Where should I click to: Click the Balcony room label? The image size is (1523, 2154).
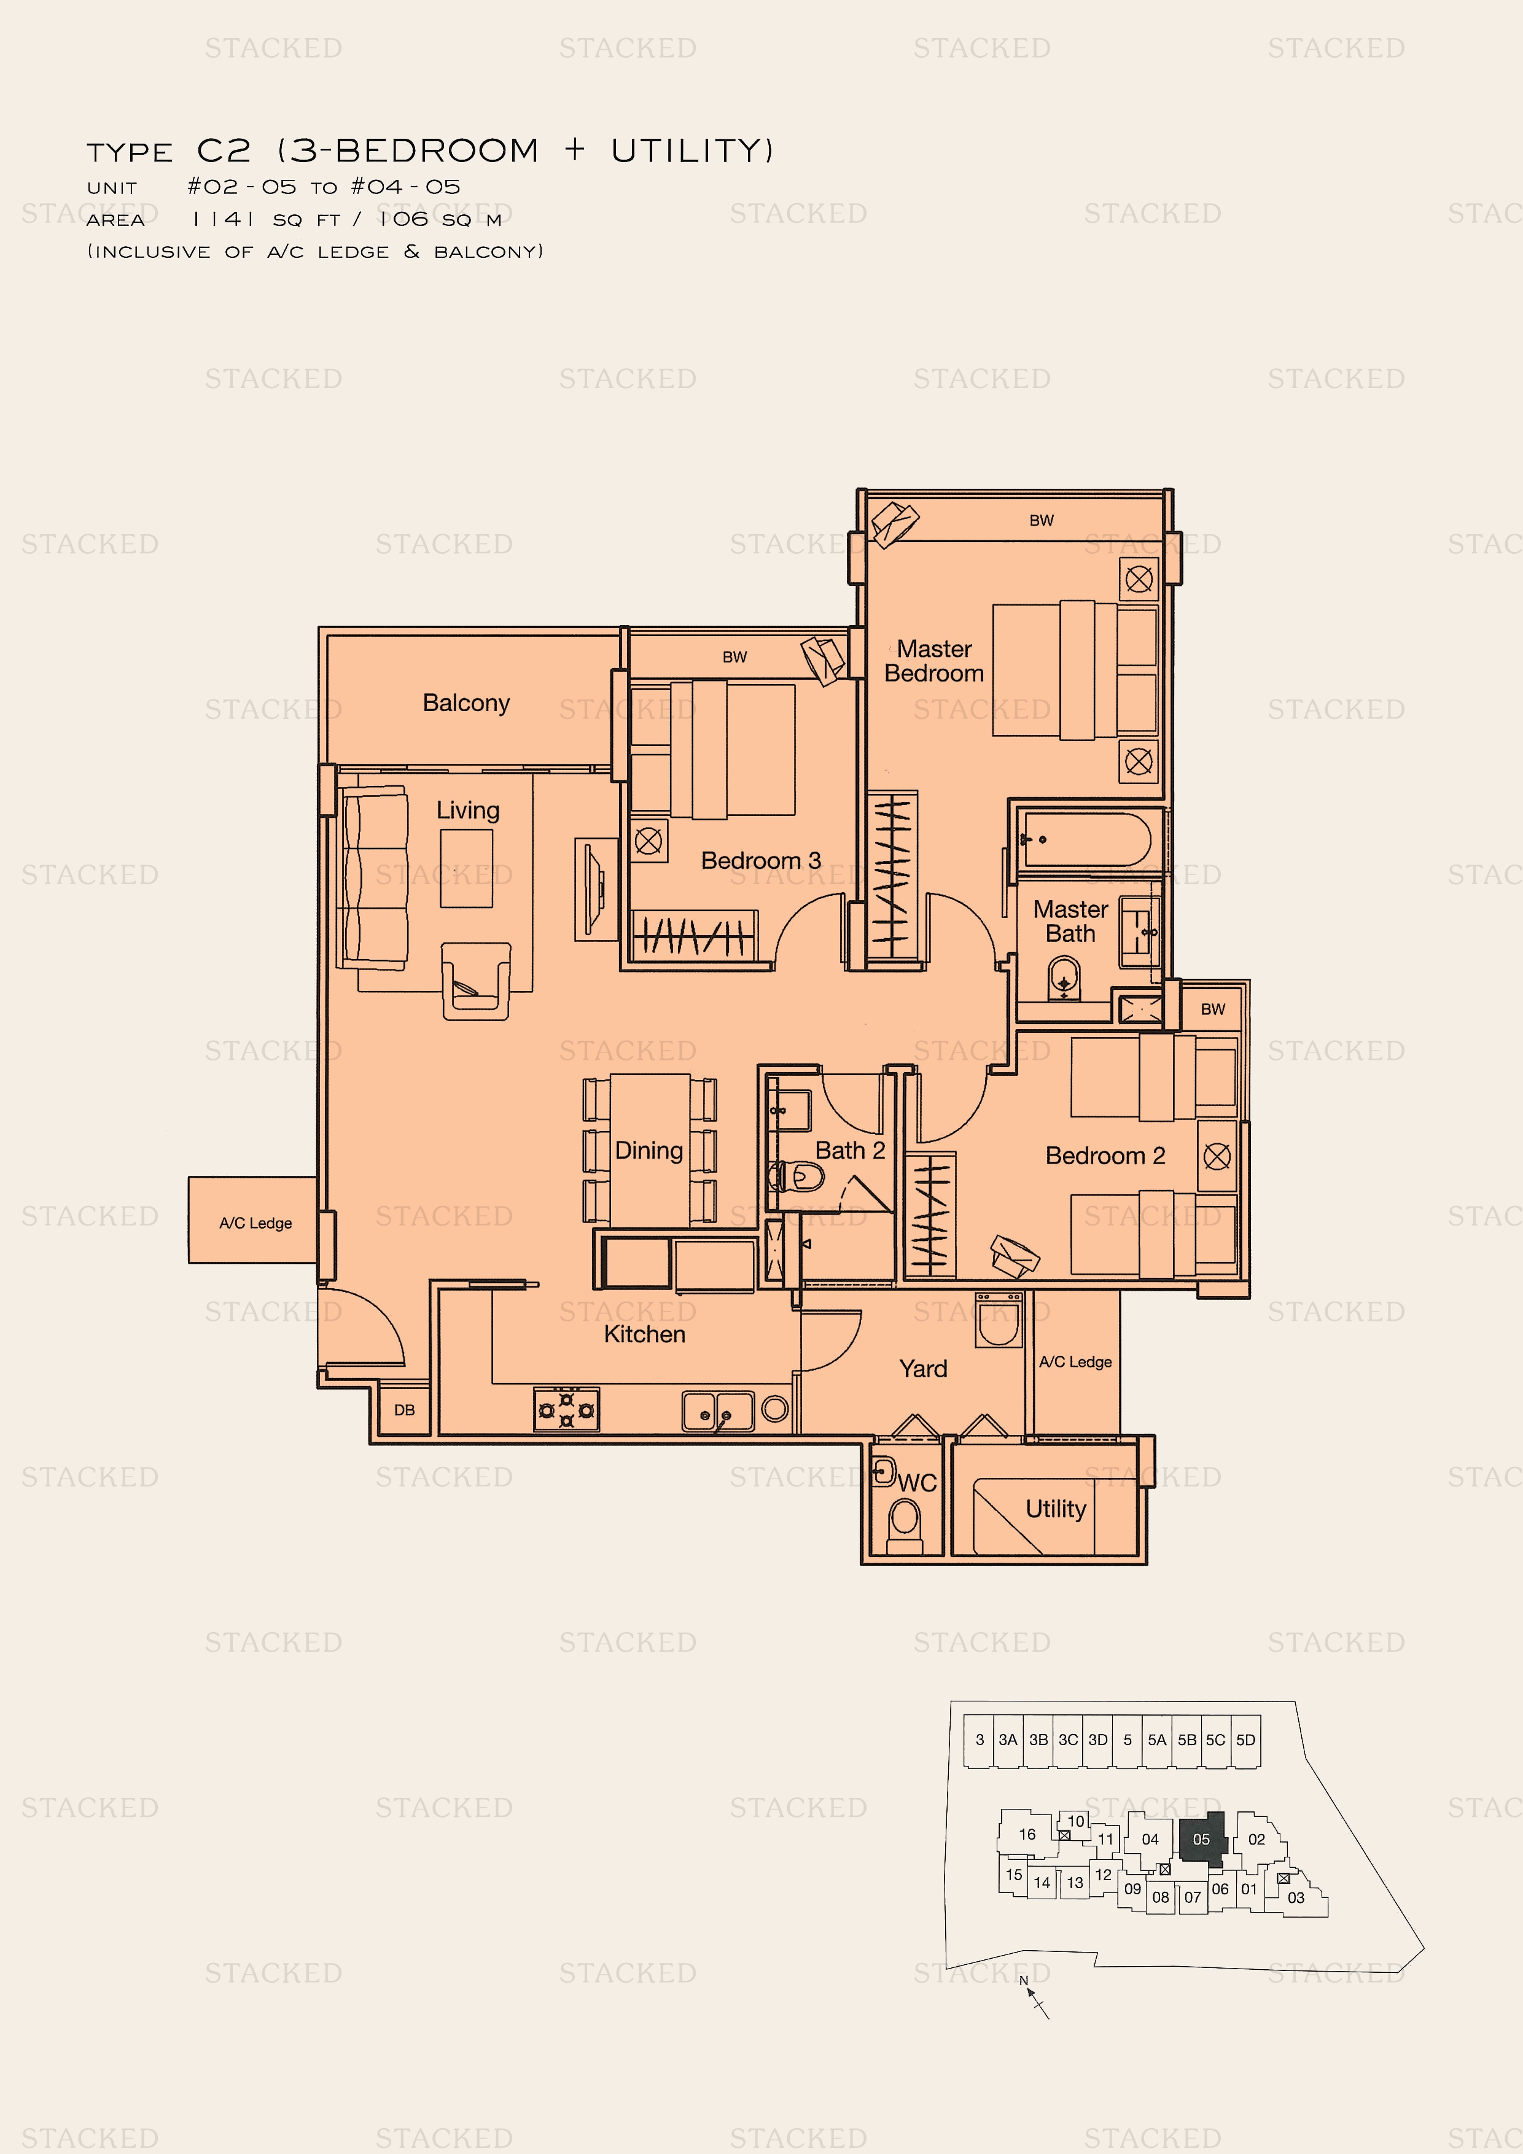coord(465,702)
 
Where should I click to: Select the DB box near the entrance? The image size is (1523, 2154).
coord(405,1410)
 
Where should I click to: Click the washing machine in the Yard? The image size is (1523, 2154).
coord(999,1320)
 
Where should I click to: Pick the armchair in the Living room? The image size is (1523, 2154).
coord(476,981)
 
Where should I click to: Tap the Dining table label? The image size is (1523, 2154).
coord(649,1150)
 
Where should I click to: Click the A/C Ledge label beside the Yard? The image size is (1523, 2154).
coord(1075,1361)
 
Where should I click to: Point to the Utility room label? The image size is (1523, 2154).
coord(1056,1509)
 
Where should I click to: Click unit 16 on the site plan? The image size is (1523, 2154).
coord(1027,1834)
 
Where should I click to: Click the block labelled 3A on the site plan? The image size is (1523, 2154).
coord(1008,1740)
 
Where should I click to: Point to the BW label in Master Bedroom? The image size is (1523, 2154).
coord(1042,521)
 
